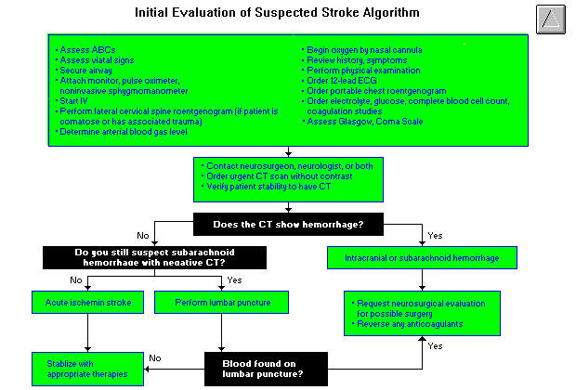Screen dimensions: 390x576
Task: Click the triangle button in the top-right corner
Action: [x=550, y=18]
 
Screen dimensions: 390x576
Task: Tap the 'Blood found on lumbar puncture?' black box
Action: [x=268, y=369]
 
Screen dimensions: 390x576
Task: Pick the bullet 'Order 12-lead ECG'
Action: [x=338, y=81]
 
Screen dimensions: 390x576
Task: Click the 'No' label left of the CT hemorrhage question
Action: [x=142, y=234]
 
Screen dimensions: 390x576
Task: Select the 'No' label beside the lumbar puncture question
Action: [x=155, y=357]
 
